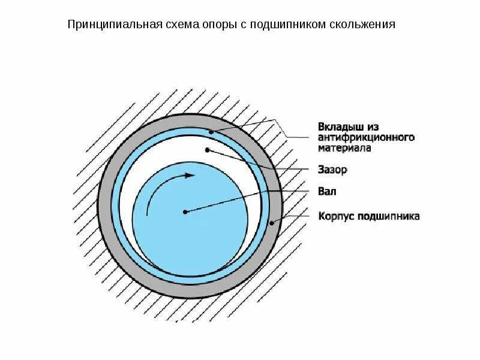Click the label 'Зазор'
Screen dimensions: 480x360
point(332,170)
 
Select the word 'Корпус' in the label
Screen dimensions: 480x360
point(335,215)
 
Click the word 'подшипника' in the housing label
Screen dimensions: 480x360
point(388,215)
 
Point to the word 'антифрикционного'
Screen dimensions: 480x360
point(366,137)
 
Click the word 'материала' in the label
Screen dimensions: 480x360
point(344,148)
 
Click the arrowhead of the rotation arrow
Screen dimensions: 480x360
point(191,176)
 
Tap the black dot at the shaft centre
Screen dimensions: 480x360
point(186,211)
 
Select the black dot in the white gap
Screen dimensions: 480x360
point(207,149)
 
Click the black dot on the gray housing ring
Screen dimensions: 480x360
point(272,223)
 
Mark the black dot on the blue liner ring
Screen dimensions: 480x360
point(211,131)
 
